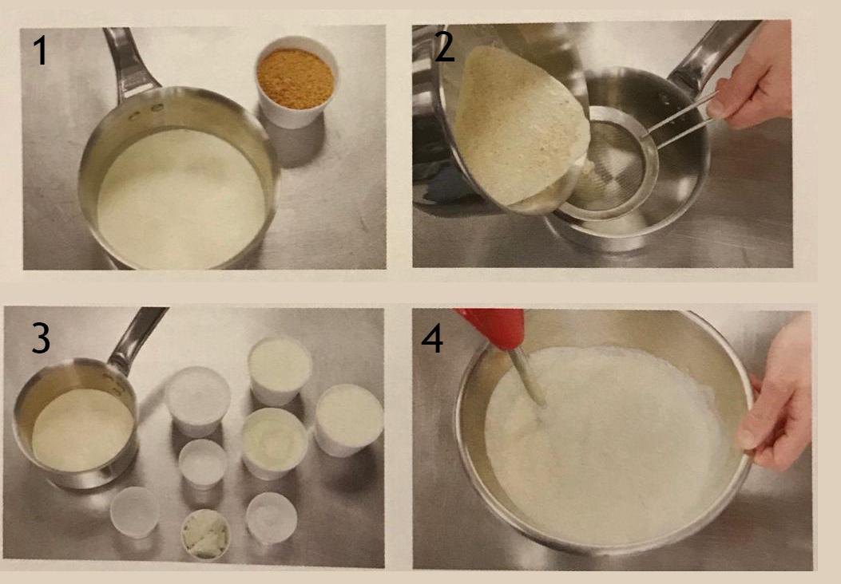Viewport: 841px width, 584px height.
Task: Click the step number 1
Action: tap(40, 52)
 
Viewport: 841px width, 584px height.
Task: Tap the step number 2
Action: tap(445, 47)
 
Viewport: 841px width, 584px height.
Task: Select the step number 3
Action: tap(42, 338)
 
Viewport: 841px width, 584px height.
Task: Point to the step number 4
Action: tap(432, 339)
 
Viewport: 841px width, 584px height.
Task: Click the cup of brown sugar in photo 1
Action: tap(296, 82)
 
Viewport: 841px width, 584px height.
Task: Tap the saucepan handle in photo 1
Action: tap(129, 61)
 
